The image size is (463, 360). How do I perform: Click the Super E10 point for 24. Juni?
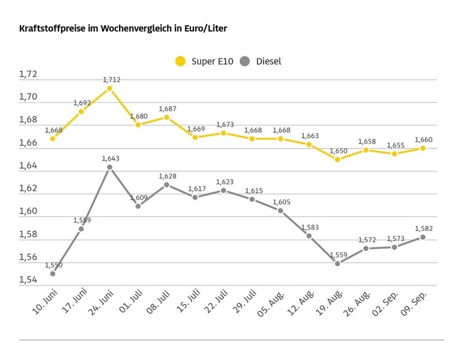[109, 88]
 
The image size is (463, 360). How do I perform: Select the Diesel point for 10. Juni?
[53, 273]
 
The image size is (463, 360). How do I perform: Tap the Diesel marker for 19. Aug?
[337, 263]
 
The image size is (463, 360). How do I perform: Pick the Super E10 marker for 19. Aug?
[337, 159]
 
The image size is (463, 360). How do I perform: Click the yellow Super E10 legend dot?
[180, 61]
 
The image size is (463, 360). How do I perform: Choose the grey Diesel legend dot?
[245, 61]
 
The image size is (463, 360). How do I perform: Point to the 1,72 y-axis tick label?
[28, 75]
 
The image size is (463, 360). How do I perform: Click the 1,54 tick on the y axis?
[28, 280]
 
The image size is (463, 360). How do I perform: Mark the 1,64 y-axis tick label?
[28, 166]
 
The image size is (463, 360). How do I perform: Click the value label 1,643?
[111, 158]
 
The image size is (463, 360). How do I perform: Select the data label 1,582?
[423, 228]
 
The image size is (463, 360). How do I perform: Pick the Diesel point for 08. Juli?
[167, 185]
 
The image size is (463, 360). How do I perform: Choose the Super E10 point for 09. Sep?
[423, 148]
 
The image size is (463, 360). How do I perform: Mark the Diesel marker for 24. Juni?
[109, 167]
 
